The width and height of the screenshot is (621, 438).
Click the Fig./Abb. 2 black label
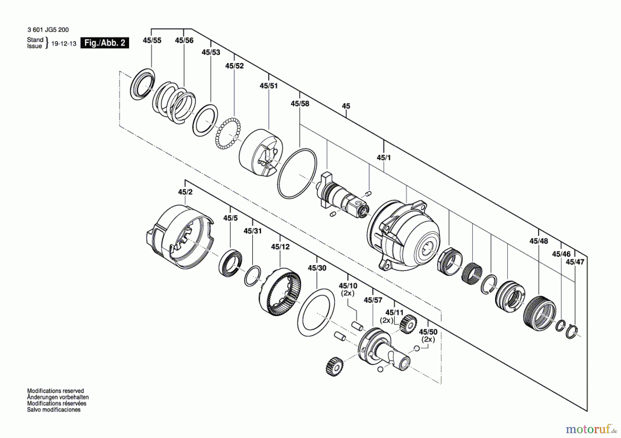105,43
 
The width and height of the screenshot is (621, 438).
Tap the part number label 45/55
152,40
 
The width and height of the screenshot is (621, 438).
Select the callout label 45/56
184,40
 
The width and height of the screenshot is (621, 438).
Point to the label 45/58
300,103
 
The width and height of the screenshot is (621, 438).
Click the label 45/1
384,157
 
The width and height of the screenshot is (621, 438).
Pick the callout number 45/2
185,192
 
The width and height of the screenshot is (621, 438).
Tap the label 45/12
280,247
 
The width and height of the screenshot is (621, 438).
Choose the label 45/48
539,241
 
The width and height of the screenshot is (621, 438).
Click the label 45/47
575,262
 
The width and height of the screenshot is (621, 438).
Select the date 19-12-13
64,44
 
